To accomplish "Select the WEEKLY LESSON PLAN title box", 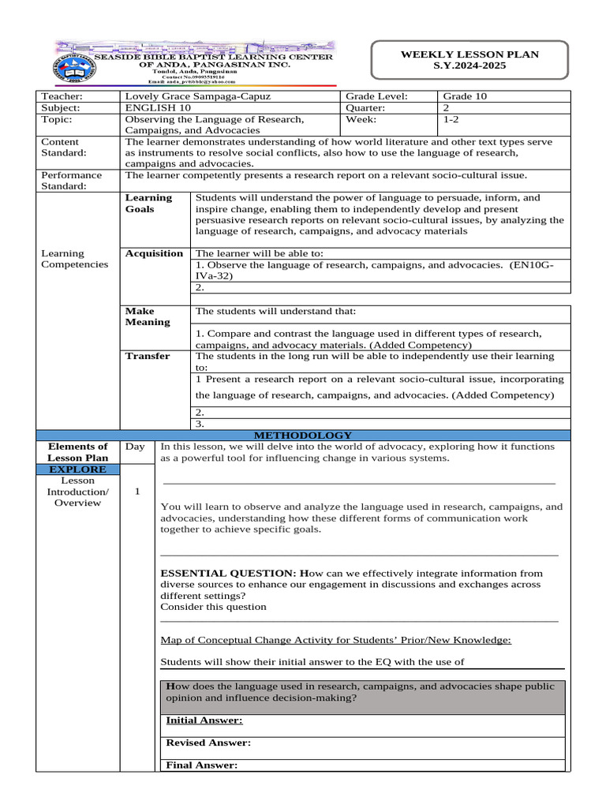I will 470,60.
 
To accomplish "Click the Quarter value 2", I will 446,108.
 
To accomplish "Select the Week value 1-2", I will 451,119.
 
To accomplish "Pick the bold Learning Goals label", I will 148,203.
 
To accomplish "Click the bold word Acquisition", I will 154,253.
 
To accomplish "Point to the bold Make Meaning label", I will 147,316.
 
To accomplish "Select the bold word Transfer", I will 148,356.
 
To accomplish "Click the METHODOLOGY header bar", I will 303,436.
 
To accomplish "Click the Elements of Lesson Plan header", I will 77,452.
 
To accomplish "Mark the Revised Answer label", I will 208,743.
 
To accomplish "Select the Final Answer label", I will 202,765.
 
